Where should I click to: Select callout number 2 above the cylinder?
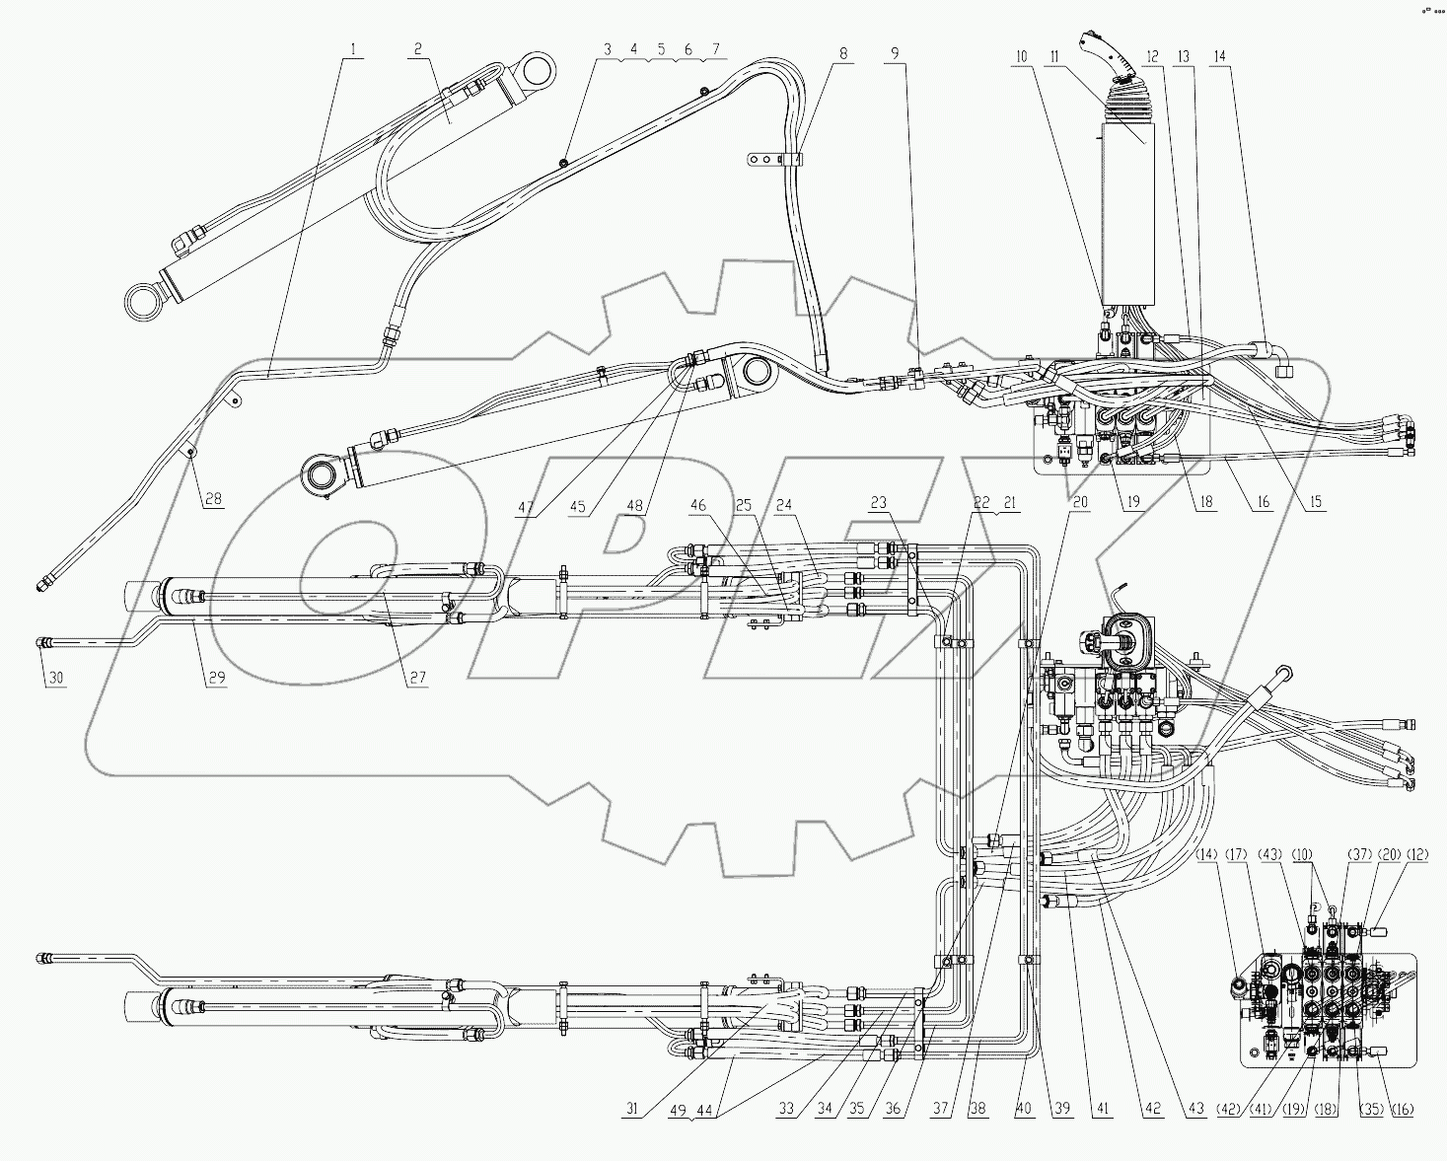point(418,48)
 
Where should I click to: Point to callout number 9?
point(894,55)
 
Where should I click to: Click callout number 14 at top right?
point(1222,57)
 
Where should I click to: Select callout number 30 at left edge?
point(55,678)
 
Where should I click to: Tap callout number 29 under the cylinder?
point(214,678)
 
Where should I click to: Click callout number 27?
point(418,678)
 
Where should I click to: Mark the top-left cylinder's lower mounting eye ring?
point(144,300)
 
